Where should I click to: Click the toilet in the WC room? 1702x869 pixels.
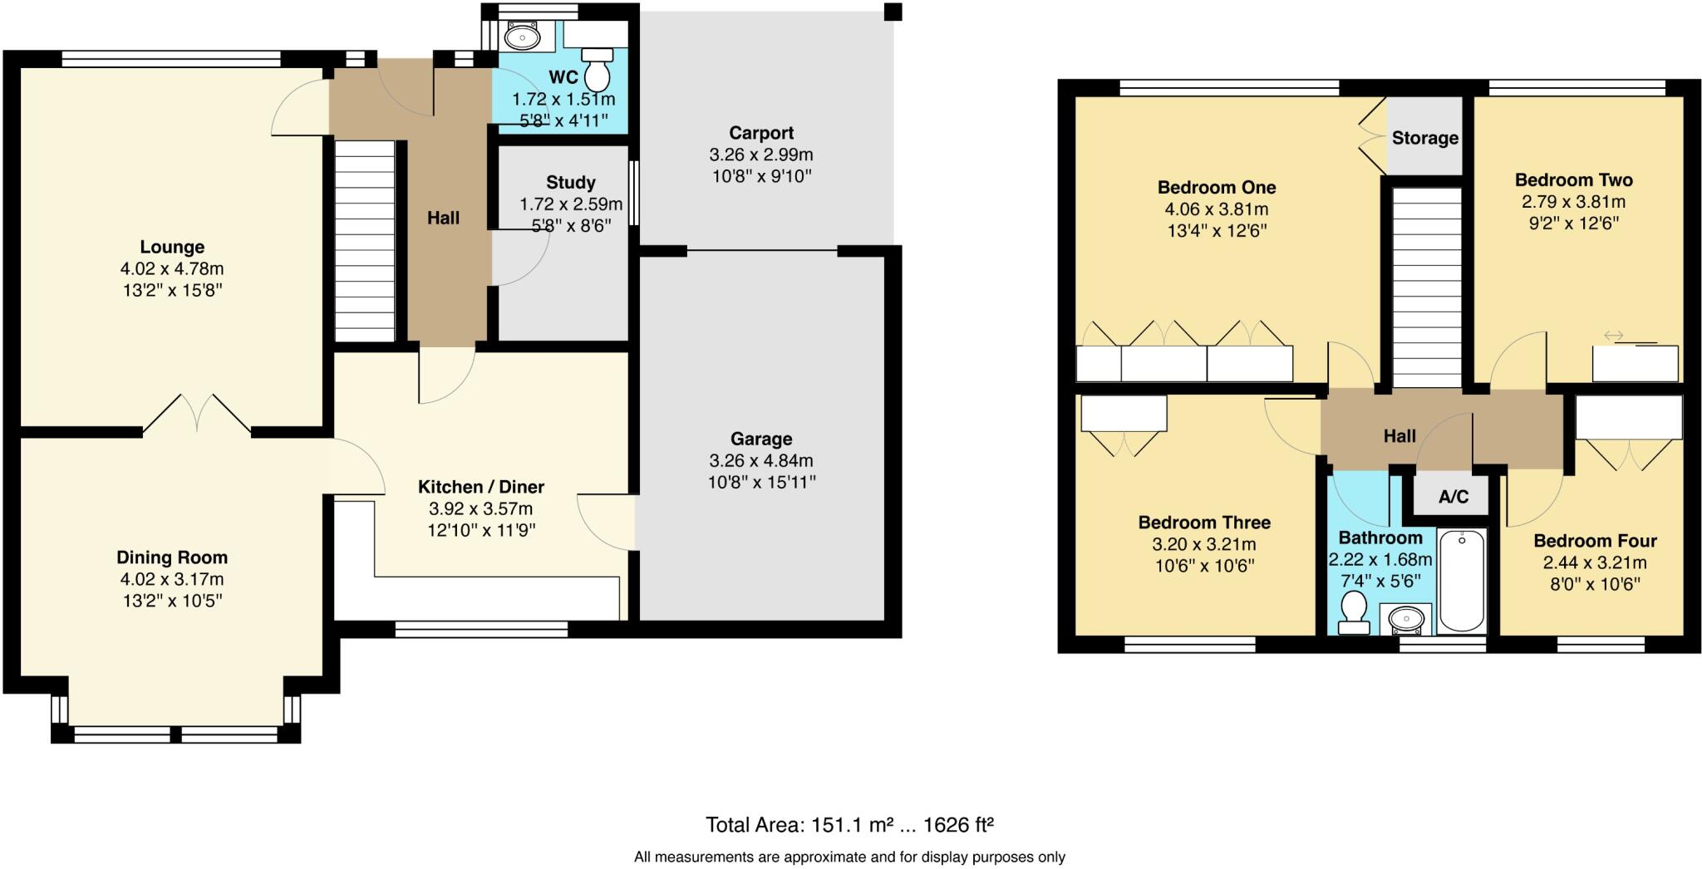597,70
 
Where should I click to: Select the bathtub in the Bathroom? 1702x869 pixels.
1461,581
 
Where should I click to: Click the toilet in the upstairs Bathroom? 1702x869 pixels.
1355,612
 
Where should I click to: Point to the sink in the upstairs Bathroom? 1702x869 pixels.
1406,619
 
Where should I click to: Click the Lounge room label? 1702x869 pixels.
172,247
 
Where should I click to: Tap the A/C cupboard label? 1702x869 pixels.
1454,497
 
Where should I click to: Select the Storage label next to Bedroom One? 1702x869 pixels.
1424,138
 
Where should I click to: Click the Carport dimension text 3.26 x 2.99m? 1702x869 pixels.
761,155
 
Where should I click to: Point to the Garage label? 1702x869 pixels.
761,439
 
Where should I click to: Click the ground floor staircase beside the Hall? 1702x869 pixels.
365,240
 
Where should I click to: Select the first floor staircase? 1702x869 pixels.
1426,287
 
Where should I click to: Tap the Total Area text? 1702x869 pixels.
849,825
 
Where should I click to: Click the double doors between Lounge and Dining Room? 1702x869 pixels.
197,414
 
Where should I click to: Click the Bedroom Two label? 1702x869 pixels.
1573,180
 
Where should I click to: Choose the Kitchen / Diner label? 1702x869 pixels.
480,487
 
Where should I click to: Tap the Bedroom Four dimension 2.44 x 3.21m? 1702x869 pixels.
1595,562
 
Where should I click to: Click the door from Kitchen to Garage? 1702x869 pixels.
605,522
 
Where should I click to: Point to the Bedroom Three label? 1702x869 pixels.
1203,523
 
